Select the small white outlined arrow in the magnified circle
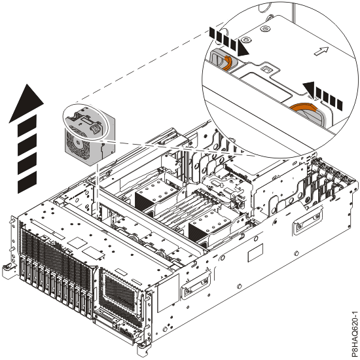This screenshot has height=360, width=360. pos(321,51)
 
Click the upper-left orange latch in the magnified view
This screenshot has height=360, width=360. pos(227,63)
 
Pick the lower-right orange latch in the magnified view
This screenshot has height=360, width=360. pos(304,108)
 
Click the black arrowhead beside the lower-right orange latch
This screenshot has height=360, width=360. pos(309,89)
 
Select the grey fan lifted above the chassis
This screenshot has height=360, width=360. pos(89,135)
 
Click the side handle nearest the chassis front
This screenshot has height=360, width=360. pos(196,285)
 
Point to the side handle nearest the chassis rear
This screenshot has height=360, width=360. pos(308,221)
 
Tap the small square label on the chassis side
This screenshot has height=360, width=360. pos(255,253)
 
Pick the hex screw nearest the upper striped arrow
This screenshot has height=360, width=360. pos(247,40)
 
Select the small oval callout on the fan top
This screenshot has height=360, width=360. pos(85,122)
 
